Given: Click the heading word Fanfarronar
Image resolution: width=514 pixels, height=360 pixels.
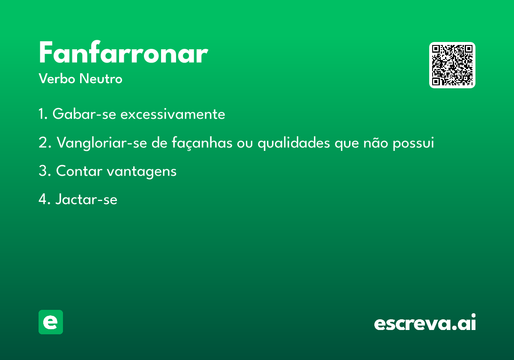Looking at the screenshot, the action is [123, 52].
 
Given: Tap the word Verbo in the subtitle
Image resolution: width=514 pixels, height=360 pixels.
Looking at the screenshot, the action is [57, 78].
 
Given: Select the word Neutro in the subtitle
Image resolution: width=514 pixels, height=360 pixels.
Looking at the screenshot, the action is [101, 78].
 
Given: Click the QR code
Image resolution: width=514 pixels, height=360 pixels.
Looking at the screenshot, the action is [452, 65].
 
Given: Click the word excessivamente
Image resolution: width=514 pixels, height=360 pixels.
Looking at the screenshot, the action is [173, 114].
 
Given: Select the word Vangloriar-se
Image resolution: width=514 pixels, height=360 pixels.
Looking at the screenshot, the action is [102, 143].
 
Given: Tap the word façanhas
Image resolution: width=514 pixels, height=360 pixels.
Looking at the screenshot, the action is [202, 143].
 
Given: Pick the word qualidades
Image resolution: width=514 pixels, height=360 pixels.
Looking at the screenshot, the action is [294, 143].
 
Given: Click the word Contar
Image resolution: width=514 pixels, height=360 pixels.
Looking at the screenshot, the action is [79, 171].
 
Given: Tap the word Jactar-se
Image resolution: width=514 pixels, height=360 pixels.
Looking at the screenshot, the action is [86, 199].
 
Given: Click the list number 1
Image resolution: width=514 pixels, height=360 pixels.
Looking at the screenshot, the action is [43, 114].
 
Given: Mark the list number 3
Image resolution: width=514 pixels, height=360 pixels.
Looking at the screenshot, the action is [45, 171].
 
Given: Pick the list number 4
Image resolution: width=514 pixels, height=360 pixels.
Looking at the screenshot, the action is [45, 199].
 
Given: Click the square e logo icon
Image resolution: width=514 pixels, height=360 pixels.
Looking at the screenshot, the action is [51, 322].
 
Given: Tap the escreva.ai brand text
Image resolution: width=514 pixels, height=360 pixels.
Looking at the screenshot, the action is [425, 322].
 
